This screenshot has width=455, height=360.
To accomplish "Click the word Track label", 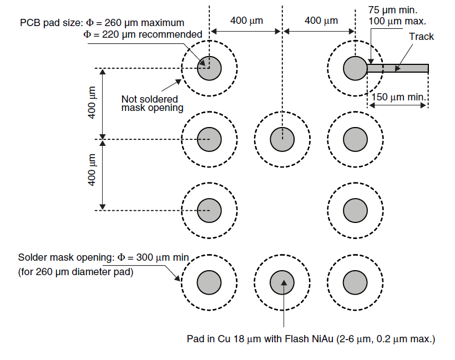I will pos(421,37).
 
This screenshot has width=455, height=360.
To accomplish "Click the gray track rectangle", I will pos(397,68).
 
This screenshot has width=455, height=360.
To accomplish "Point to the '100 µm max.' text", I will pos(396,21).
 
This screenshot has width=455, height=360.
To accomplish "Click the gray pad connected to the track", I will pos(355,68).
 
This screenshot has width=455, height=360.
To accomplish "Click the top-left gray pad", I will pos(209,68).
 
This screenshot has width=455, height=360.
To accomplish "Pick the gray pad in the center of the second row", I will pos(282,139).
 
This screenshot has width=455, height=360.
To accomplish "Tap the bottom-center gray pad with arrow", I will pos(282,282).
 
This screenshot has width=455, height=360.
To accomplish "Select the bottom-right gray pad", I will pos(355,282).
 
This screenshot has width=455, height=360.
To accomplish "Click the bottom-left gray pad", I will pos(209,282).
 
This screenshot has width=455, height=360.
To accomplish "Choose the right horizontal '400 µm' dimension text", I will pos(321,21).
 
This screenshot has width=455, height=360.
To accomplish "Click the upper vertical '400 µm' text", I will pos(93,103).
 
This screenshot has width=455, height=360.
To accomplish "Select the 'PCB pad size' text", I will pos(50,23).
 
